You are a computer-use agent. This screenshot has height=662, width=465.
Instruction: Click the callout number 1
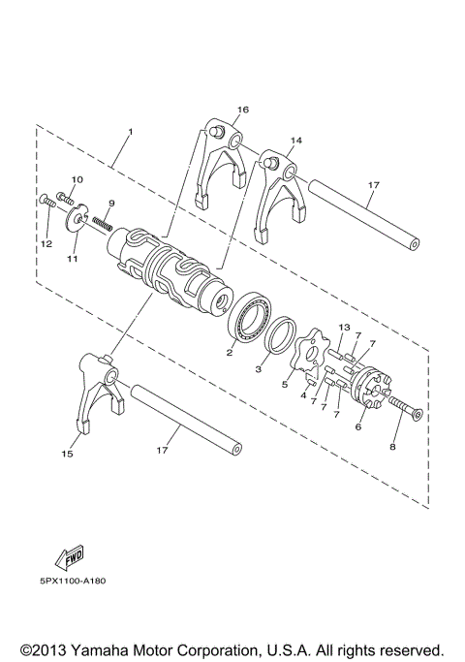tap(131, 132)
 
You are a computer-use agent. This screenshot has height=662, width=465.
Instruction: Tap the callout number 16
tap(242, 110)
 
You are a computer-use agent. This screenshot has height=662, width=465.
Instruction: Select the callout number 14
tap(295, 141)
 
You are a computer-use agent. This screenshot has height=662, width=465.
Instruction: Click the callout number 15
tap(67, 453)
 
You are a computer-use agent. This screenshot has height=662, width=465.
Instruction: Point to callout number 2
tap(230, 353)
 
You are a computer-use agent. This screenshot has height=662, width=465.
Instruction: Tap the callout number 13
tap(343, 328)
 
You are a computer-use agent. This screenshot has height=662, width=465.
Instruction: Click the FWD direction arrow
tap(71, 559)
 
